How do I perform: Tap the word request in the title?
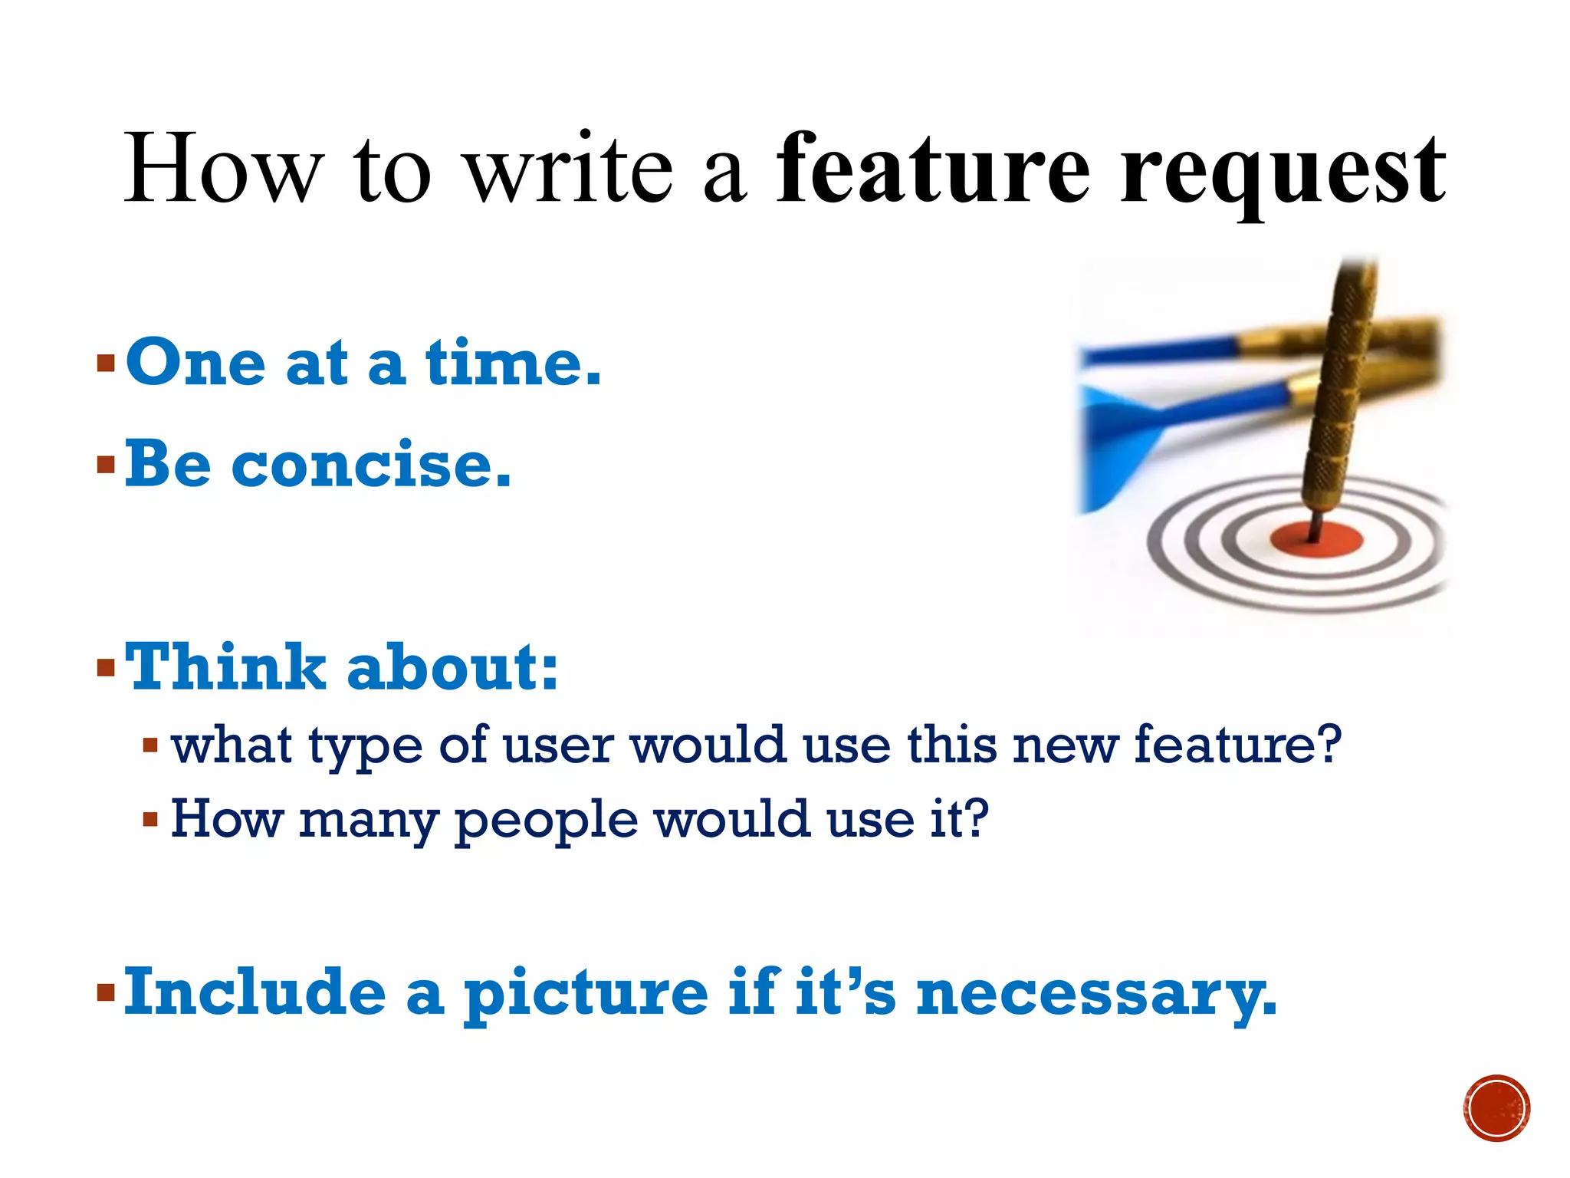pyautogui.click(x=1283, y=173)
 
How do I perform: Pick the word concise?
pyautogui.click(x=371, y=465)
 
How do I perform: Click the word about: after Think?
pyautogui.click(x=452, y=667)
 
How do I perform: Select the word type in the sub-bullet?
pyautogui.click(x=365, y=745)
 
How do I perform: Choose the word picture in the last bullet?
pyautogui.click(x=586, y=994)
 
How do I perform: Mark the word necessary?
pyautogui.click(x=1096, y=994)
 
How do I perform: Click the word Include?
pyautogui.click(x=255, y=992)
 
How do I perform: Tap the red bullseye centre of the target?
pyautogui.click(x=1315, y=538)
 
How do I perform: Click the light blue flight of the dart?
pyautogui.click(x=1116, y=449)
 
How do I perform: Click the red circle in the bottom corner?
pyautogui.click(x=1496, y=1108)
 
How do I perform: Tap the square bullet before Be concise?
pyautogui.click(x=106, y=465)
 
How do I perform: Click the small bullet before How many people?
pyautogui.click(x=150, y=820)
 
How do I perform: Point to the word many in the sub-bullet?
pyautogui.click(x=368, y=821)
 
